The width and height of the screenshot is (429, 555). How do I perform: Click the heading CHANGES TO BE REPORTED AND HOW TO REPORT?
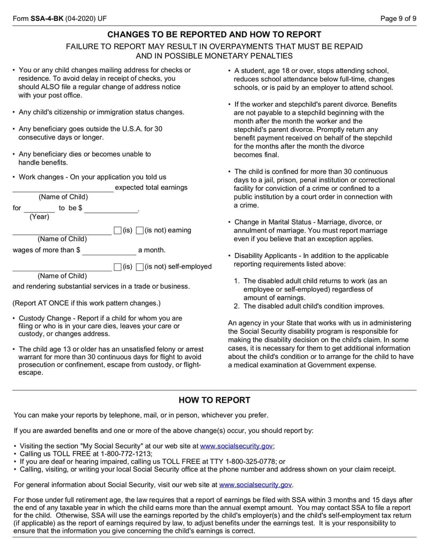pos(214,34)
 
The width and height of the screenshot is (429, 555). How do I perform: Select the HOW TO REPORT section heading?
pos(214,400)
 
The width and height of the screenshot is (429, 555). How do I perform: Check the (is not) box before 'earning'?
pos(139,231)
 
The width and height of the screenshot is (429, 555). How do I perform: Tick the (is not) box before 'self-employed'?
pos(139,267)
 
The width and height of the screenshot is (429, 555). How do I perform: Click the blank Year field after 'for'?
pos(39,208)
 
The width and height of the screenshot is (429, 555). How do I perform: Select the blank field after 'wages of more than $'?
pos(109,250)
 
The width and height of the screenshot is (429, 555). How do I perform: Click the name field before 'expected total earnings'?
pos(63,188)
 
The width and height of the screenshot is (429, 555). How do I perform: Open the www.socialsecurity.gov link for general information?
pos(256,484)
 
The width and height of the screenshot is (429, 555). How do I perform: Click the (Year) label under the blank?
pos(39,217)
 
